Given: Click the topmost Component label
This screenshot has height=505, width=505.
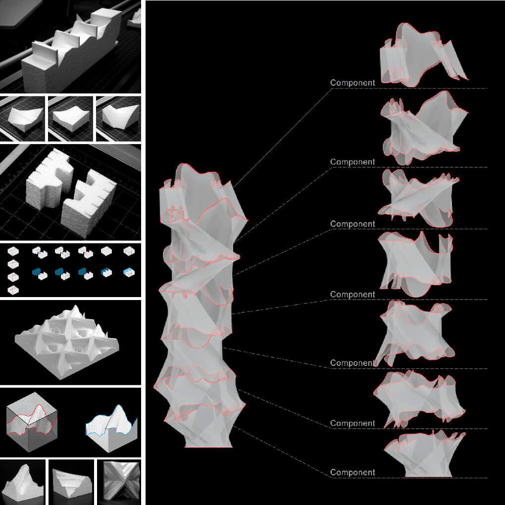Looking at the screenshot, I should click(353, 83).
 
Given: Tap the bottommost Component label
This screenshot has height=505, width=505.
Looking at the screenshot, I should click(353, 472).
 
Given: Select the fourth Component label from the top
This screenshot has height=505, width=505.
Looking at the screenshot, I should click(353, 295).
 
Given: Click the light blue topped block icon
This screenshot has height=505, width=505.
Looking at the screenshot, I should click(128, 272).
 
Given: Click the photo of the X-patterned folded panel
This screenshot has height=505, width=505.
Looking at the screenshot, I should click(119, 480).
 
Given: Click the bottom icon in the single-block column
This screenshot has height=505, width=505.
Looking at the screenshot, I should click(13, 289).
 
